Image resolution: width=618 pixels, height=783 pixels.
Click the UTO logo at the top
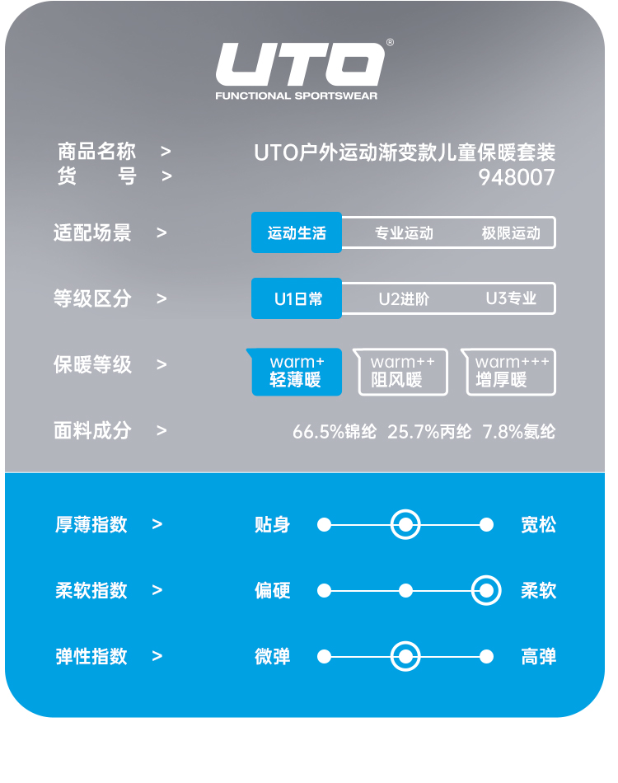click(301, 66)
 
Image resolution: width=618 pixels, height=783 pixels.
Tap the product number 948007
click(517, 177)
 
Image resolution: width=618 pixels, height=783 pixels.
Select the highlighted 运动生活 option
click(297, 233)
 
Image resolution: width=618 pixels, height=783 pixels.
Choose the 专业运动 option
click(404, 233)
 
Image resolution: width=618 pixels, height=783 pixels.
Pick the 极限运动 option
click(511, 233)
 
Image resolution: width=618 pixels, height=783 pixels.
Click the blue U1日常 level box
click(297, 299)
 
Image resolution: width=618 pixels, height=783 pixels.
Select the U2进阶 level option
click(404, 299)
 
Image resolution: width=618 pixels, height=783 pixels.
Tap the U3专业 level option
click(511, 299)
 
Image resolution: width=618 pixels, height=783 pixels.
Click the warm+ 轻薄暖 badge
click(297, 372)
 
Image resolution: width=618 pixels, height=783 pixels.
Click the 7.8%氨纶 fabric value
click(519, 431)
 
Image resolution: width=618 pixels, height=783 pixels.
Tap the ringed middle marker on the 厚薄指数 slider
click(405, 524)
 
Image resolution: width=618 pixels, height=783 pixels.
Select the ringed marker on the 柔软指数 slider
click(486, 590)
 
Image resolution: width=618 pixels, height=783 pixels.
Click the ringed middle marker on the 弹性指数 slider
click(405, 656)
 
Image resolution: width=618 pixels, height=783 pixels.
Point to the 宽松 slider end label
click(538, 524)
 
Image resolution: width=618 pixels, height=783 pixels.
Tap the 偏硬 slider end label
click(273, 590)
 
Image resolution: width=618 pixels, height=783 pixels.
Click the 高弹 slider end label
click(538, 656)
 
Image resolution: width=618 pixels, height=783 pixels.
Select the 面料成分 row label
click(92, 430)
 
